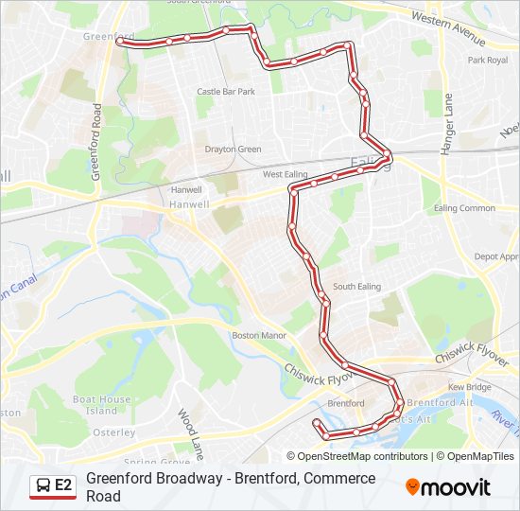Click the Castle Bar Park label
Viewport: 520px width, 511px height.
tap(226, 92)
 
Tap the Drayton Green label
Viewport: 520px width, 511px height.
tap(233, 150)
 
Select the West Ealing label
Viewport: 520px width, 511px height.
tap(285, 174)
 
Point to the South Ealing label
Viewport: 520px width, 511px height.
tap(356, 287)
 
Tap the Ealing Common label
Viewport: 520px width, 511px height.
tap(464, 208)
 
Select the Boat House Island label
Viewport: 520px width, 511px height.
tap(101, 405)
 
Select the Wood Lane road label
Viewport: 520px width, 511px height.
tap(191, 433)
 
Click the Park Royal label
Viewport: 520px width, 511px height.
tap(488, 61)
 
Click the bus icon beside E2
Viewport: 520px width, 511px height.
tap(43, 485)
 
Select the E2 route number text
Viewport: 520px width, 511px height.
tap(63, 485)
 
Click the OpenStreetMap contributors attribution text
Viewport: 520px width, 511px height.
tap(359, 456)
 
